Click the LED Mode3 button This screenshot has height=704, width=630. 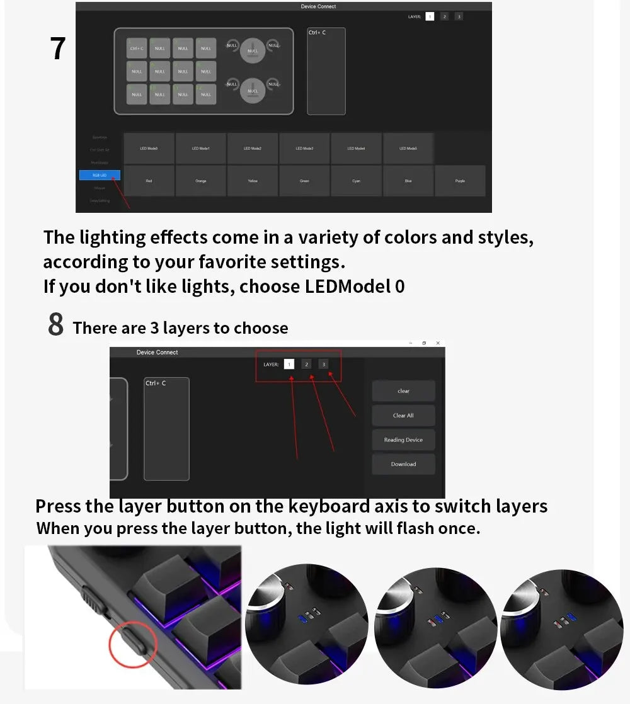[304, 149]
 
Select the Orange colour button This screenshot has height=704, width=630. [201, 181]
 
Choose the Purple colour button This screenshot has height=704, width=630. [460, 181]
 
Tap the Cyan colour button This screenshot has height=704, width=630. [356, 181]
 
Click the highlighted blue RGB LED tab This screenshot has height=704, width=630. [100, 175]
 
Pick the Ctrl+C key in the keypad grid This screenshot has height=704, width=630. [137, 48]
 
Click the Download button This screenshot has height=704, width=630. [403, 464]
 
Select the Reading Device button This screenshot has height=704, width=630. [403, 440]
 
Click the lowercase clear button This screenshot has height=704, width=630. [403, 391]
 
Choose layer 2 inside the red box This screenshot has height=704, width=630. [306, 364]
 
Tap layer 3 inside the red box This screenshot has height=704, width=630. [323, 364]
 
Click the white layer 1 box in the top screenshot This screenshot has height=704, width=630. [430, 16]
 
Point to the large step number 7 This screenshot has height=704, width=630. [57, 48]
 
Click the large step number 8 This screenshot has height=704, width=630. [55, 325]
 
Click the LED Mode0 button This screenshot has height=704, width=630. [149, 149]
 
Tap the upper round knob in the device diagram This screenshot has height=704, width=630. [253, 50]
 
